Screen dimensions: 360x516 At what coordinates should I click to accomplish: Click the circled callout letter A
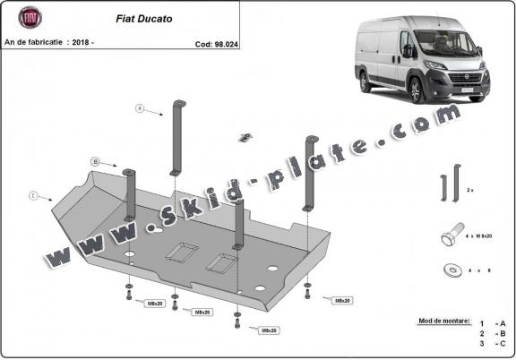click(x=140, y=108)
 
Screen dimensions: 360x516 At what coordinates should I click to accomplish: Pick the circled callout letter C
click(x=33, y=194)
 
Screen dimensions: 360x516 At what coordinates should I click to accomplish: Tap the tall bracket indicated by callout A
click(x=178, y=139)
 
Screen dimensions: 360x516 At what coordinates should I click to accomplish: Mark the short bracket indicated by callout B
click(x=130, y=193)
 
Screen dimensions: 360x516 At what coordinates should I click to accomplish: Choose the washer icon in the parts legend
click(x=448, y=269)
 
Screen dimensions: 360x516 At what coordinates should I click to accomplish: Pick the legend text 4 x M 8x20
click(x=485, y=236)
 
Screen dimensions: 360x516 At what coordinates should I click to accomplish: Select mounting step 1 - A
click(x=492, y=323)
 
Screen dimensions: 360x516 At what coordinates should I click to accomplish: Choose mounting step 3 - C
click(x=492, y=343)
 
